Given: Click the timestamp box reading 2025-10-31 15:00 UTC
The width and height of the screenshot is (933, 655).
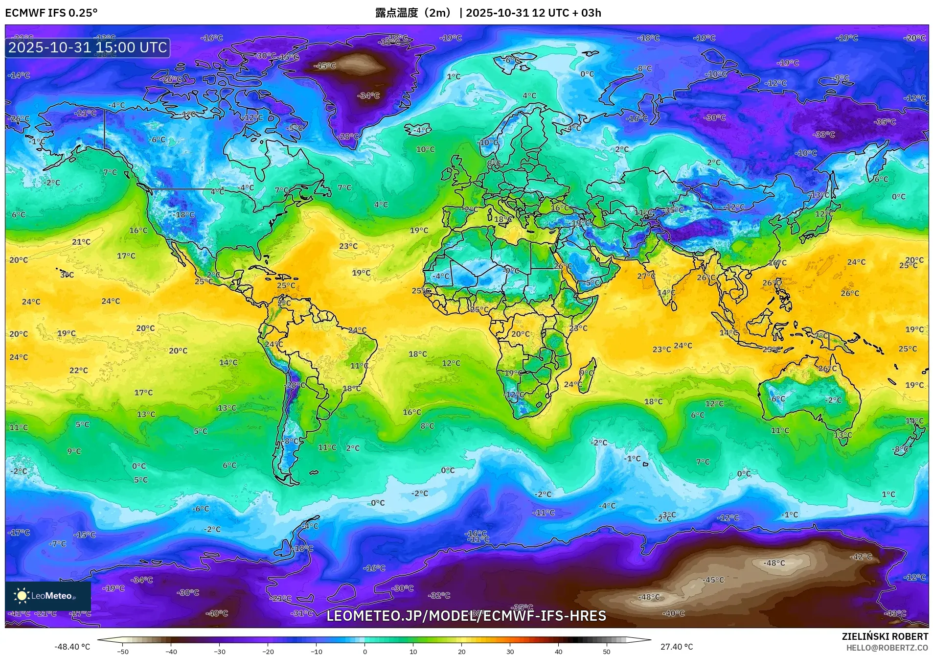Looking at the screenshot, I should point(88,47).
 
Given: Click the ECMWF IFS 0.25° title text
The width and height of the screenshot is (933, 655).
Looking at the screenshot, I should point(51,13).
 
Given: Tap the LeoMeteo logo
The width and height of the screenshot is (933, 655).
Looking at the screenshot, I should point(47,596).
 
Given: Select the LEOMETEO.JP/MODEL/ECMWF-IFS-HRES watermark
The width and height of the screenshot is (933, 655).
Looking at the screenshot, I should point(466,616).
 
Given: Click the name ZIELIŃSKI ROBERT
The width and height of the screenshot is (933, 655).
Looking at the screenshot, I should point(885,636).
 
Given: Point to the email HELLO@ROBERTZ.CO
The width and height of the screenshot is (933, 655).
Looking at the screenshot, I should point(887,648).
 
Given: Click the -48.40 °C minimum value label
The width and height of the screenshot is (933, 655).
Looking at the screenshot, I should point(72,647).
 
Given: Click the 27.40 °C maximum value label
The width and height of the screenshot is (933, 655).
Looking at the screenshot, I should point(676,647).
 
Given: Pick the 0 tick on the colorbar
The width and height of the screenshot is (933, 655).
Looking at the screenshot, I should point(364,652).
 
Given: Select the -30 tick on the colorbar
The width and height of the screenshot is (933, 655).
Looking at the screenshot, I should point(220,652).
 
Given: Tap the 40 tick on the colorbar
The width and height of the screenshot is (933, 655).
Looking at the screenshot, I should point(558,652).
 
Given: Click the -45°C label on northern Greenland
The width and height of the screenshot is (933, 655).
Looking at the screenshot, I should point(325,66).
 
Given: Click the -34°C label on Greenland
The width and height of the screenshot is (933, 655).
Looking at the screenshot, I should point(369,95).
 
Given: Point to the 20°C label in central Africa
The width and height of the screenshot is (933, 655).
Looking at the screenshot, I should point(520,334).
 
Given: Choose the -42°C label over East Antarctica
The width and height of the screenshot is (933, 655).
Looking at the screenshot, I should point(861,557).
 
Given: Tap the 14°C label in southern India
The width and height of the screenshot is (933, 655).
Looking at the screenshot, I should point(666,293).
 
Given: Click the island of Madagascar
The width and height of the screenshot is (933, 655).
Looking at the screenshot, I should point(588,374).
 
